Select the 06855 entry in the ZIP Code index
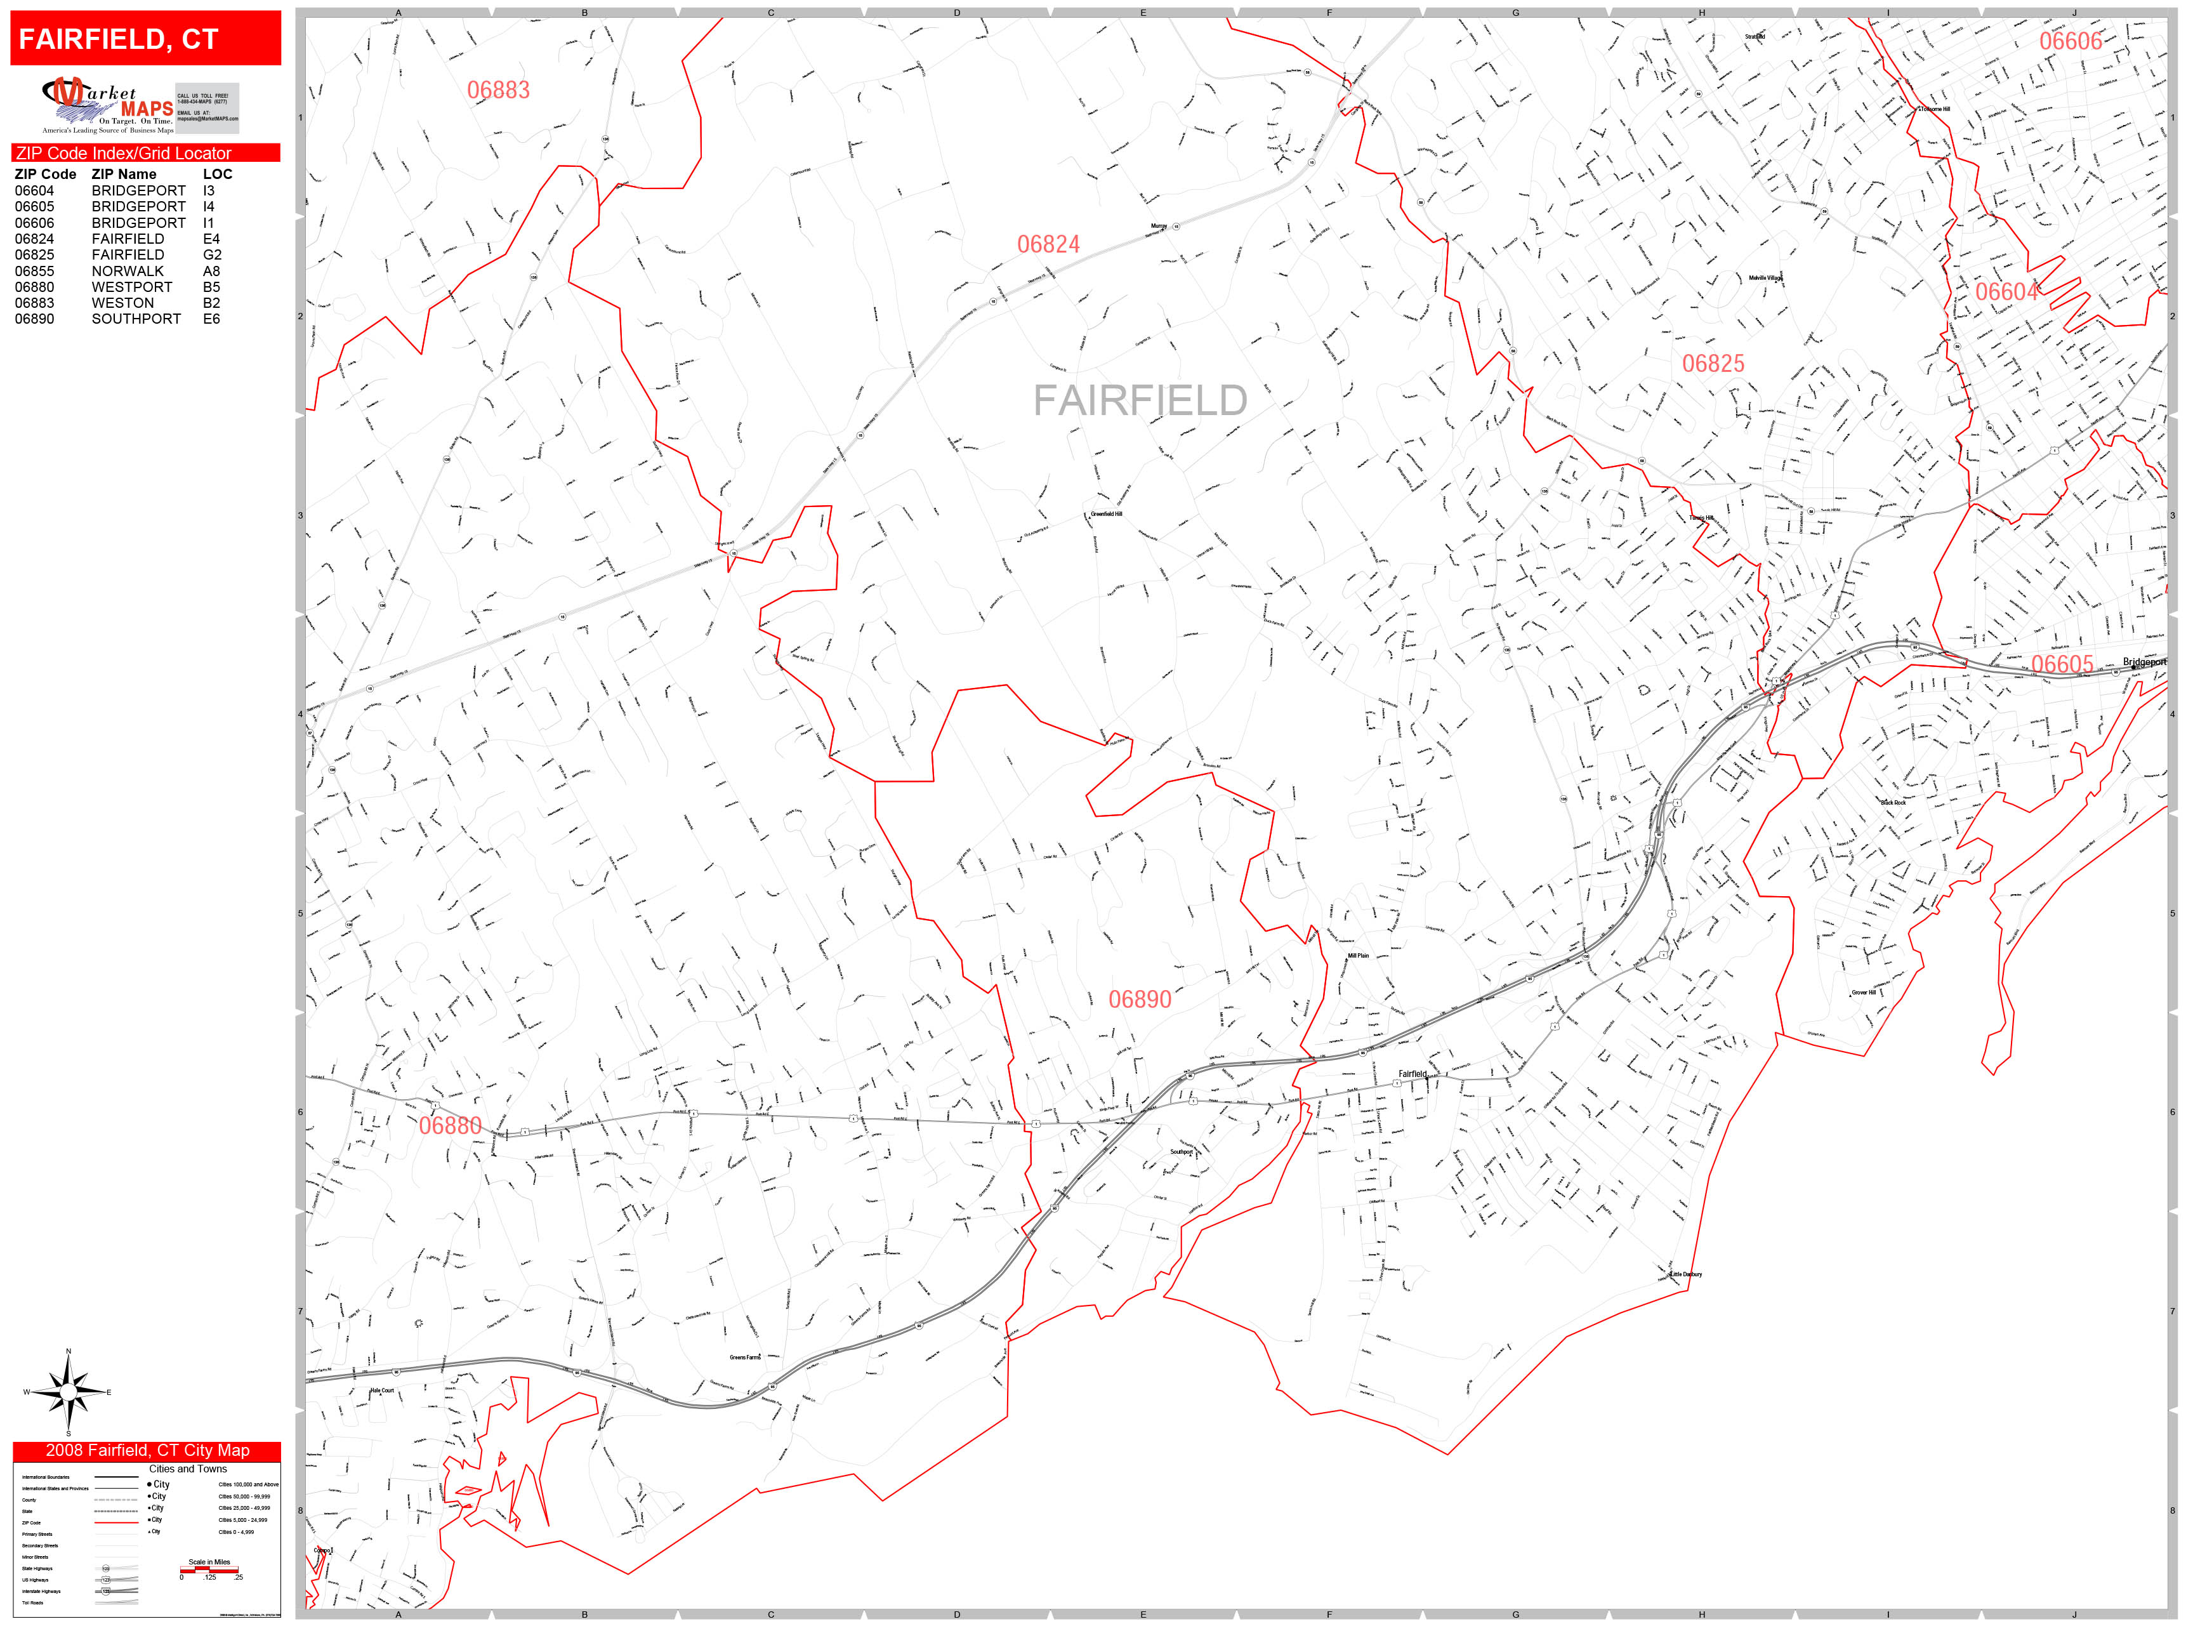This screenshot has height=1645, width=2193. tap(35, 271)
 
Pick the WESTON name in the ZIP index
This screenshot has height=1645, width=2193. tap(123, 303)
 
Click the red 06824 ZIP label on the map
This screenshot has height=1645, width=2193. tap(1048, 244)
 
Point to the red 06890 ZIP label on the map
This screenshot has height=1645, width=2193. tap(1139, 1000)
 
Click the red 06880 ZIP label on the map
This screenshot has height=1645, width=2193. tap(449, 1125)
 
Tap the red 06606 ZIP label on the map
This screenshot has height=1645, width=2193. tap(2070, 41)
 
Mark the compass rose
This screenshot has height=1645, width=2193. tap(67, 1392)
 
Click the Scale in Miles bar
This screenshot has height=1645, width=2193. tap(209, 1569)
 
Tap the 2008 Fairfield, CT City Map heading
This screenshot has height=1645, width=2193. tap(147, 1451)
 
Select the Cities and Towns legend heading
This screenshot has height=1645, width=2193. tap(187, 1469)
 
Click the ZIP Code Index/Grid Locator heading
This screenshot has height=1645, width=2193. tap(123, 154)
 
